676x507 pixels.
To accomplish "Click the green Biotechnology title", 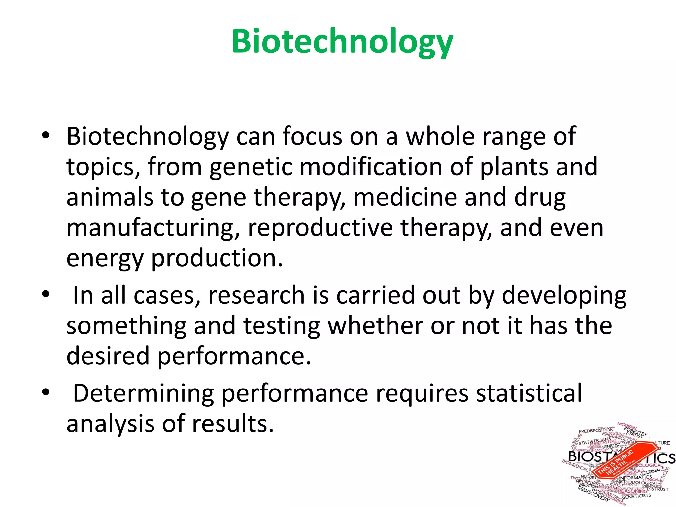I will (x=342, y=42).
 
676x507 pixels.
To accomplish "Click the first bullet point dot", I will (x=46, y=135).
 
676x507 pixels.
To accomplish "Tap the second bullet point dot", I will (x=46, y=294).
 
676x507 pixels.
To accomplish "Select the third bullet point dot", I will (x=46, y=392).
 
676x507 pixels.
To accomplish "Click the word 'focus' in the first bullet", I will (x=312, y=136).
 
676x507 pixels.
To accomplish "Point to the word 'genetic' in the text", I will (x=251, y=167).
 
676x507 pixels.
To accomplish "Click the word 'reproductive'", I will (x=320, y=228).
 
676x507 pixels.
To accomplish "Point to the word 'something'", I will (x=126, y=326).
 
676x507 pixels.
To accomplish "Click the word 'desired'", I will (x=108, y=356).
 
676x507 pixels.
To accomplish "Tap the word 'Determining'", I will (x=143, y=393).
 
